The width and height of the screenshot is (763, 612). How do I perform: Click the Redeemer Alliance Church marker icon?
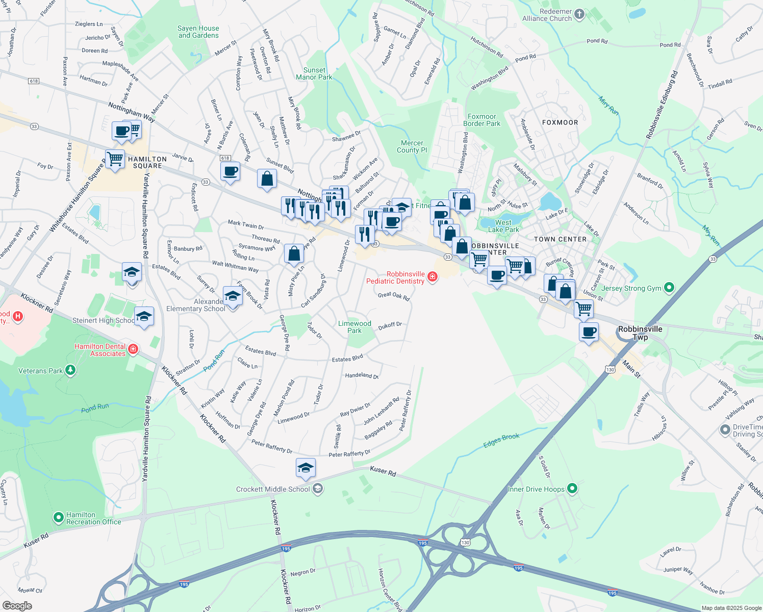579,14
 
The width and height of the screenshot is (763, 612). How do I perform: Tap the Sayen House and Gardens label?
198,32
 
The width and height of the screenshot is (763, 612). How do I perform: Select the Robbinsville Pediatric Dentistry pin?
433,276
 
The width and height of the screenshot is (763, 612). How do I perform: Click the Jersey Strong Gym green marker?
669,288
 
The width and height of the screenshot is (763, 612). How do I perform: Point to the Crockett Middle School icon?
318,489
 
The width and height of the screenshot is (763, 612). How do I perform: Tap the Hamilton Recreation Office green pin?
59,518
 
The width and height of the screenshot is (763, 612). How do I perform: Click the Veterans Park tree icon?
70,370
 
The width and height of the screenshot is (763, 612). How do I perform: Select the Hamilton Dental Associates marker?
133,349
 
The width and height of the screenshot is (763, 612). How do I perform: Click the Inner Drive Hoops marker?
572,489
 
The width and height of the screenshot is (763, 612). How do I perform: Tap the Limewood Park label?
354,327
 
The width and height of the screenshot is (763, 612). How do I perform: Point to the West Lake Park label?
503,226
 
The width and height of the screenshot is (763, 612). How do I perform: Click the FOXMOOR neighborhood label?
560,122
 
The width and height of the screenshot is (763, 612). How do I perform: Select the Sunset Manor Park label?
314,74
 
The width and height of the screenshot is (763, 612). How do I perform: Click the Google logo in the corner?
17,605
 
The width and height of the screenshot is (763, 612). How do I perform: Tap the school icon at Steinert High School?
144,317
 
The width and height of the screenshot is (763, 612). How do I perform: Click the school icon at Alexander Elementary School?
233,296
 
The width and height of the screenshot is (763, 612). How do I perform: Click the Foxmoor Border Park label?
481,120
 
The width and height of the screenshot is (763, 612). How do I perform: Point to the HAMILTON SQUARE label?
147,162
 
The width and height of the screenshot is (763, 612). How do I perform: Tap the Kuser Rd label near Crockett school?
383,472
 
